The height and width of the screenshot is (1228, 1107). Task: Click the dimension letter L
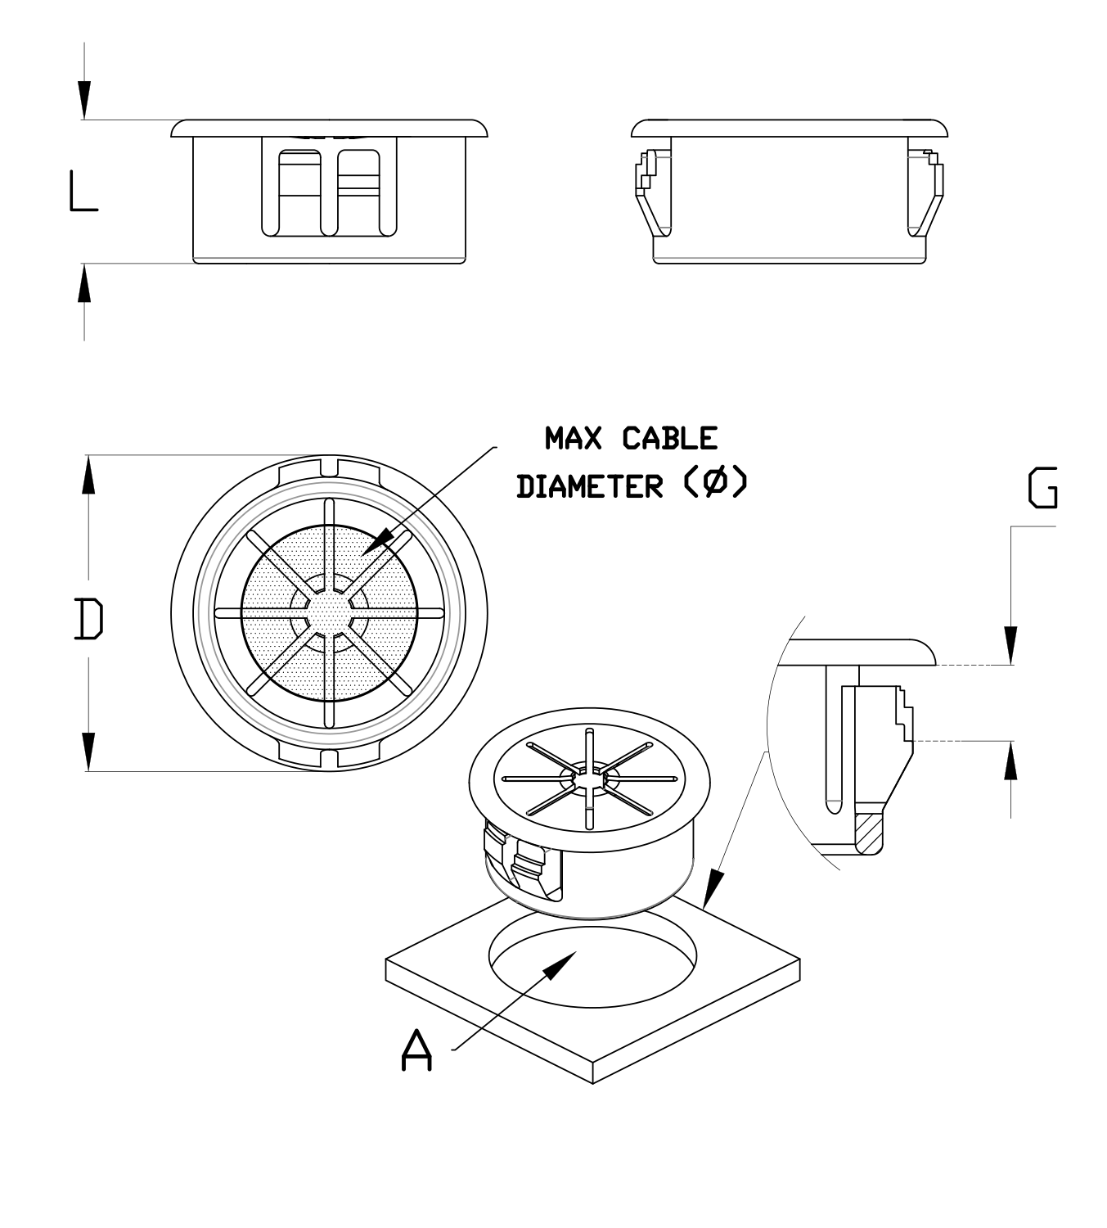tap(83, 192)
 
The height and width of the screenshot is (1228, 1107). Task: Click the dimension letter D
tap(88, 618)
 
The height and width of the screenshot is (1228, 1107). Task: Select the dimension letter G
tap(1042, 489)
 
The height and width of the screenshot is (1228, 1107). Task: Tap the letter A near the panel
tap(417, 1051)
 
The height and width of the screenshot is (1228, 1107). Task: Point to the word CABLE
tap(669, 439)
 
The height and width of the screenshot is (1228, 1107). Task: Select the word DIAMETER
tap(589, 486)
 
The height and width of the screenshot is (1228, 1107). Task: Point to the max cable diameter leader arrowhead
tap(380, 542)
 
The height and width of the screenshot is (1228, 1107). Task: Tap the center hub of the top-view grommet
tap(329, 612)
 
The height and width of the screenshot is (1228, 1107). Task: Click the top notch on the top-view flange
tap(329, 467)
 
